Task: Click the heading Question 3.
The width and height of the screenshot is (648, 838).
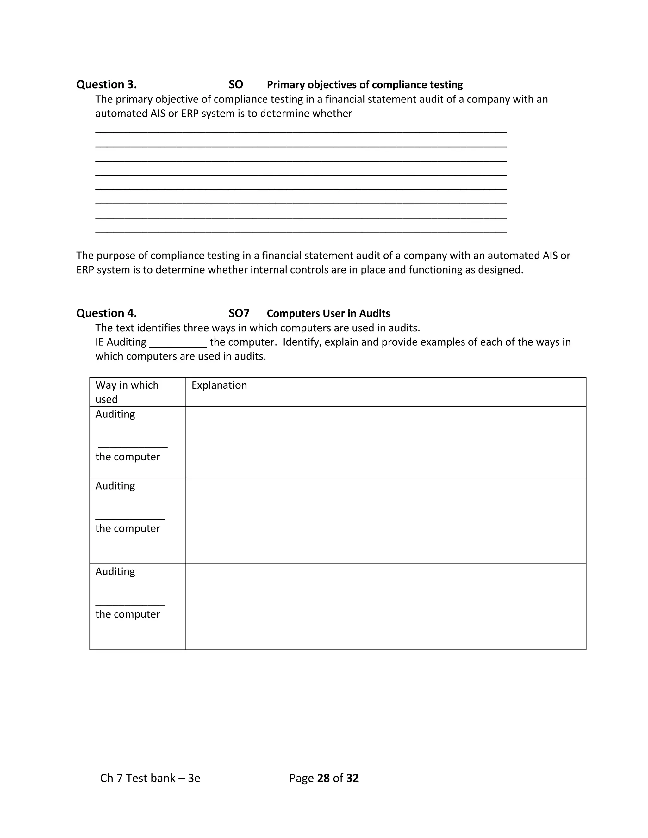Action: [x=106, y=84]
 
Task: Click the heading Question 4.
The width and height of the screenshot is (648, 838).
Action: [x=106, y=313]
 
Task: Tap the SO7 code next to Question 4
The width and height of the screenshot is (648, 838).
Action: [x=239, y=313]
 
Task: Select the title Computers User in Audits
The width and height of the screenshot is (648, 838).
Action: [x=328, y=313]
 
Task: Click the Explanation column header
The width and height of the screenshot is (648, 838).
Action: [x=219, y=385]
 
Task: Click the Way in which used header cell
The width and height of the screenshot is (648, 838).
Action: [x=127, y=392]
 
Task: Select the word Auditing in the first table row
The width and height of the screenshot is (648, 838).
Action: [x=115, y=414]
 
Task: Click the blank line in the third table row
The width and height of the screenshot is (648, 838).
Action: [x=130, y=605]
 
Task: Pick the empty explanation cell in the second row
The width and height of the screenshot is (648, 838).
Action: [x=385, y=521]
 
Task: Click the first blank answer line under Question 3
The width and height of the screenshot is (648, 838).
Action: [x=301, y=132]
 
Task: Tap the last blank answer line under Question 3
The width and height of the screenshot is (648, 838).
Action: [x=301, y=232]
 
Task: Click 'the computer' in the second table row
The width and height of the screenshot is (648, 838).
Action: [x=128, y=528]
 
